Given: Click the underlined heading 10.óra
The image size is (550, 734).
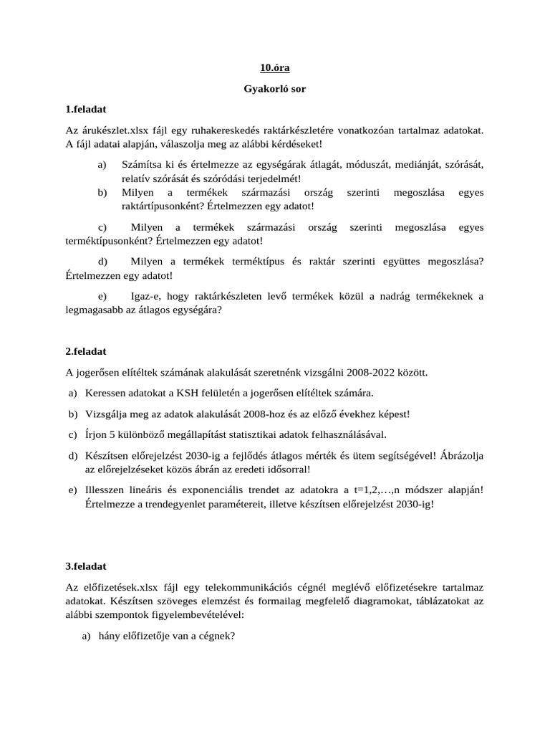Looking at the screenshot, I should pos(274,69).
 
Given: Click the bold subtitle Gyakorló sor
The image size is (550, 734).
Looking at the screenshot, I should pos(274,90).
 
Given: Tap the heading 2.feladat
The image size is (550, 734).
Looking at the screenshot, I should pos(86,351).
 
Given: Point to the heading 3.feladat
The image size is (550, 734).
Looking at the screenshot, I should pos(86,566).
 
